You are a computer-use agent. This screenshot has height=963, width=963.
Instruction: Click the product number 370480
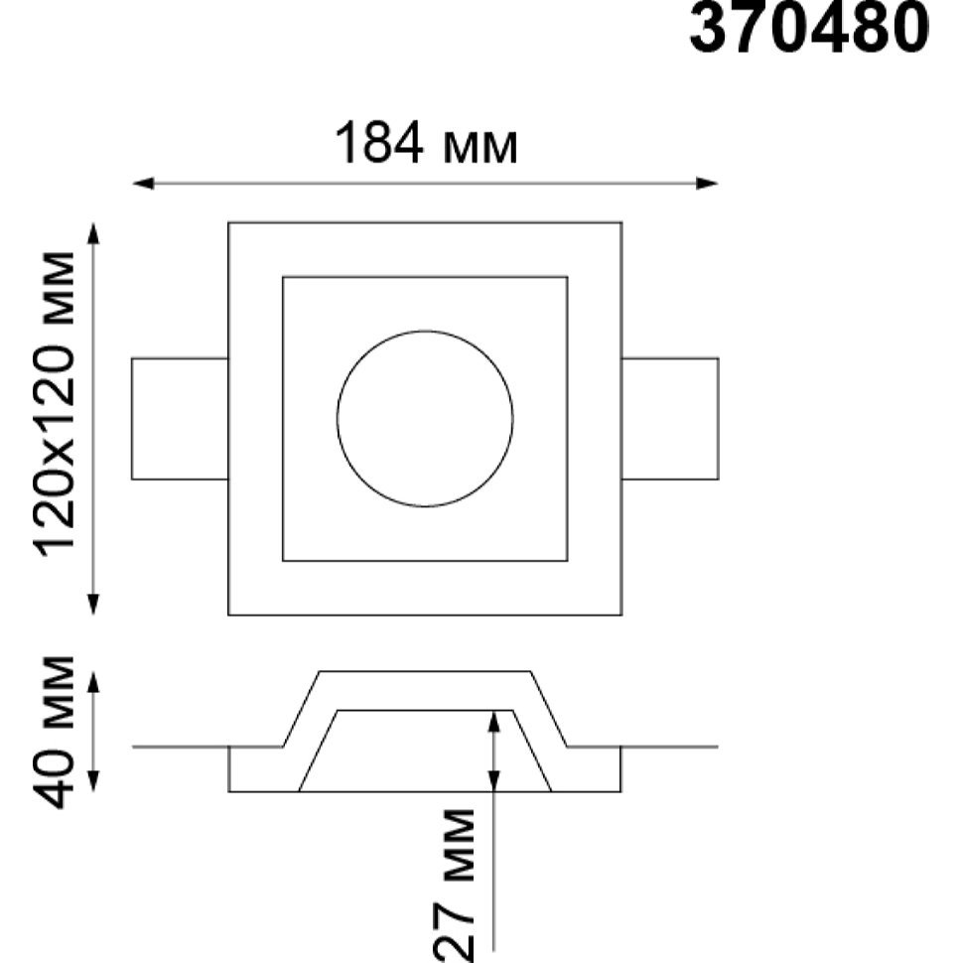[x=809, y=28]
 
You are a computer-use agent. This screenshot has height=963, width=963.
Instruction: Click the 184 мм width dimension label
[x=426, y=144]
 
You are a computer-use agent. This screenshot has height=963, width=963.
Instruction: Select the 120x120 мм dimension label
[x=56, y=405]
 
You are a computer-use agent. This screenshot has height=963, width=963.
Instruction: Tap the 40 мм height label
[x=54, y=732]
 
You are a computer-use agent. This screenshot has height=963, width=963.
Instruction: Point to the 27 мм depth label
[x=455, y=885]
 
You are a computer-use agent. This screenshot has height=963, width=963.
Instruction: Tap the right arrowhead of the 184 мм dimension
[x=707, y=183]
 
